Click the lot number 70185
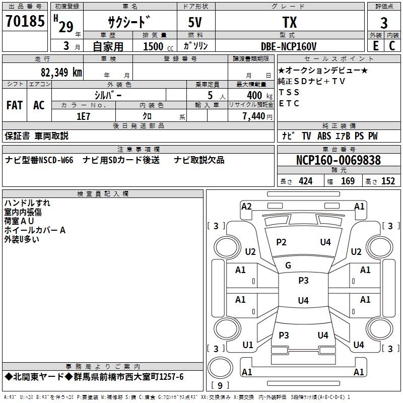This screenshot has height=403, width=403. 25,21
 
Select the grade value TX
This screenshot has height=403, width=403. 290,22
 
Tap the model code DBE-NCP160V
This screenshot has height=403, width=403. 289,46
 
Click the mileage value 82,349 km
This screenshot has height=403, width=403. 61,72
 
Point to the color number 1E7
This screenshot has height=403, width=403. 83,116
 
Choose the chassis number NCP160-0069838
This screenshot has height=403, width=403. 338,160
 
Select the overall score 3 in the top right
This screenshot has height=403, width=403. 384,23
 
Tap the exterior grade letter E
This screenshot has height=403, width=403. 376,46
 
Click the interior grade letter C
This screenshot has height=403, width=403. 392,46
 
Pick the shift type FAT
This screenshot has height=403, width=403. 15,105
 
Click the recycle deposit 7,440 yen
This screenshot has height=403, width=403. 257,116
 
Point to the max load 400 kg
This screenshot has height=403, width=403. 259,95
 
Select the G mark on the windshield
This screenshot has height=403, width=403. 288,265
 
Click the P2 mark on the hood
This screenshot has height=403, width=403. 281,242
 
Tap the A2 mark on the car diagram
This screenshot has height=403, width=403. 246,207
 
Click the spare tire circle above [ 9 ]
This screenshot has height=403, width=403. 220,368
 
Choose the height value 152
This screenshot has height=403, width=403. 388,181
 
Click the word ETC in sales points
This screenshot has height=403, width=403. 289,103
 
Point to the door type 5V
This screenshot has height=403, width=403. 195,22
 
